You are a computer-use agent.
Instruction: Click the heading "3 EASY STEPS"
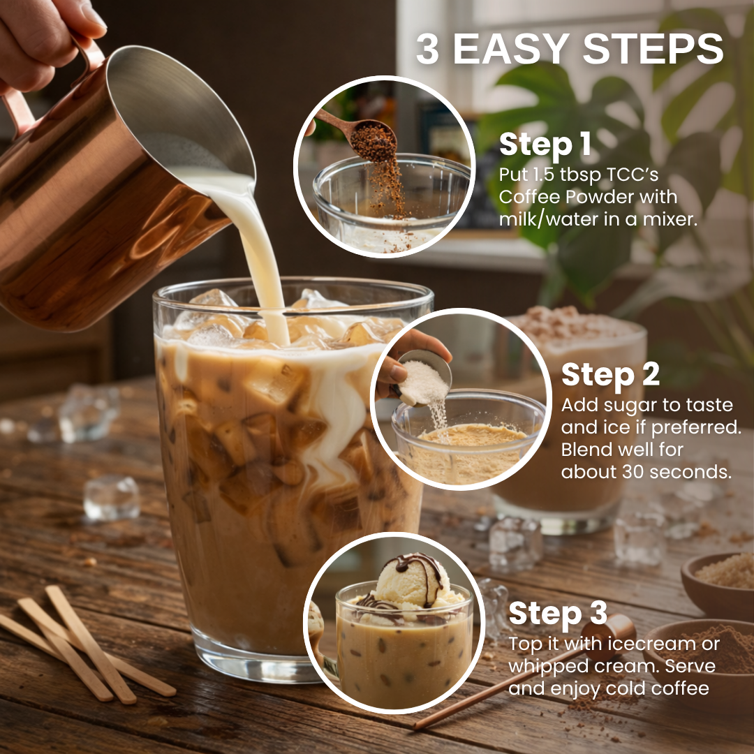[x=570, y=49]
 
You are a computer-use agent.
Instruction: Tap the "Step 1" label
[x=545, y=145]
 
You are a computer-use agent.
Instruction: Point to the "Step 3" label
[x=558, y=613]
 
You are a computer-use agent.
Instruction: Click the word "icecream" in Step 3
[x=651, y=644]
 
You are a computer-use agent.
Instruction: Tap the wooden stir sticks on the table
[x=87, y=644]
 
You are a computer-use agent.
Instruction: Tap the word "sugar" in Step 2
[x=627, y=406]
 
